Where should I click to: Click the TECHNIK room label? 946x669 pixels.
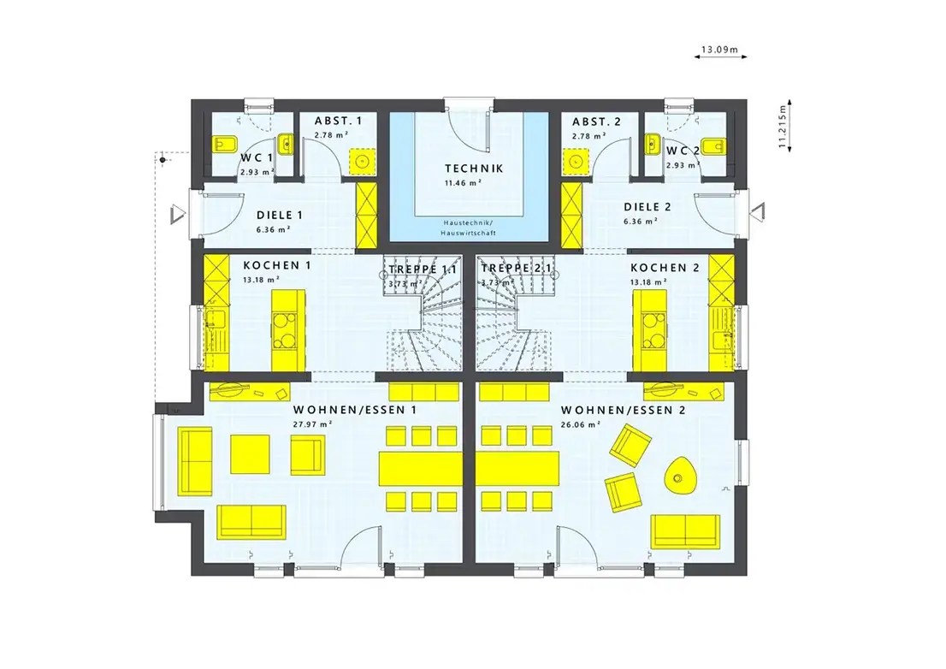(x=474, y=169)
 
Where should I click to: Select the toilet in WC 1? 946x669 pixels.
(x=225, y=145)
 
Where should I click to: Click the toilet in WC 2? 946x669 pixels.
(x=714, y=145)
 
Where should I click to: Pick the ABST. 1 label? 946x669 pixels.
(x=338, y=121)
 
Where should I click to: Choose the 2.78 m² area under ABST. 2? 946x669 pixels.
(x=588, y=136)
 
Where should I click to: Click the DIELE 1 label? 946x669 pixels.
(x=280, y=216)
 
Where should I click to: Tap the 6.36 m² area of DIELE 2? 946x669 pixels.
(x=641, y=222)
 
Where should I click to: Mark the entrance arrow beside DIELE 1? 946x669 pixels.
(x=177, y=215)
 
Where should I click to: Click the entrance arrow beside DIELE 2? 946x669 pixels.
(x=758, y=211)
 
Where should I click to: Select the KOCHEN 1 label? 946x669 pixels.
(x=277, y=265)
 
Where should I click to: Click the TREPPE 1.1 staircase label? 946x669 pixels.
(x=423, y=269)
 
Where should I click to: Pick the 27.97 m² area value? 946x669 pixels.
(x=313, y=424)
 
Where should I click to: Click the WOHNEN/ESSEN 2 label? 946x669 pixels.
(x=624, y=410)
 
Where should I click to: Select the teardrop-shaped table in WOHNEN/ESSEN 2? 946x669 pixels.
(x=679, y=475)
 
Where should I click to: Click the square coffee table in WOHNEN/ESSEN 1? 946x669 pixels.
(x=250, y=454)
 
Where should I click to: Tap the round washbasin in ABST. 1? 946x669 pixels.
(x=362, y=161)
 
